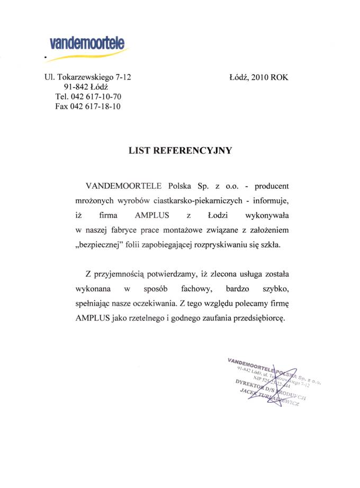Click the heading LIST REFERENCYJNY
(x=180, y=150)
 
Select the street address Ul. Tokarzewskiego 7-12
(x=88, y=77)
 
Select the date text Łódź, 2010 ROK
(x=259, y=77)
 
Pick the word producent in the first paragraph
(x=272, y=187)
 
